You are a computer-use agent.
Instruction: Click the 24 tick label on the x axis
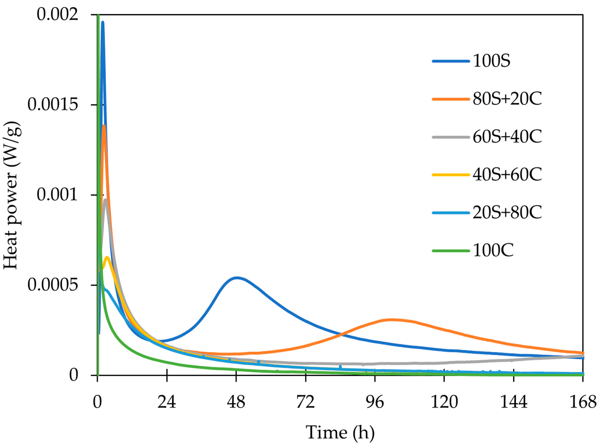click(167, 402)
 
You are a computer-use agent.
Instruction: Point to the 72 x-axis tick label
click(305, 402)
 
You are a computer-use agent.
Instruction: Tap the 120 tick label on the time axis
click(444, 402)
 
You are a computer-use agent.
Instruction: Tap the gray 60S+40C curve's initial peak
click(105, 200)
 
